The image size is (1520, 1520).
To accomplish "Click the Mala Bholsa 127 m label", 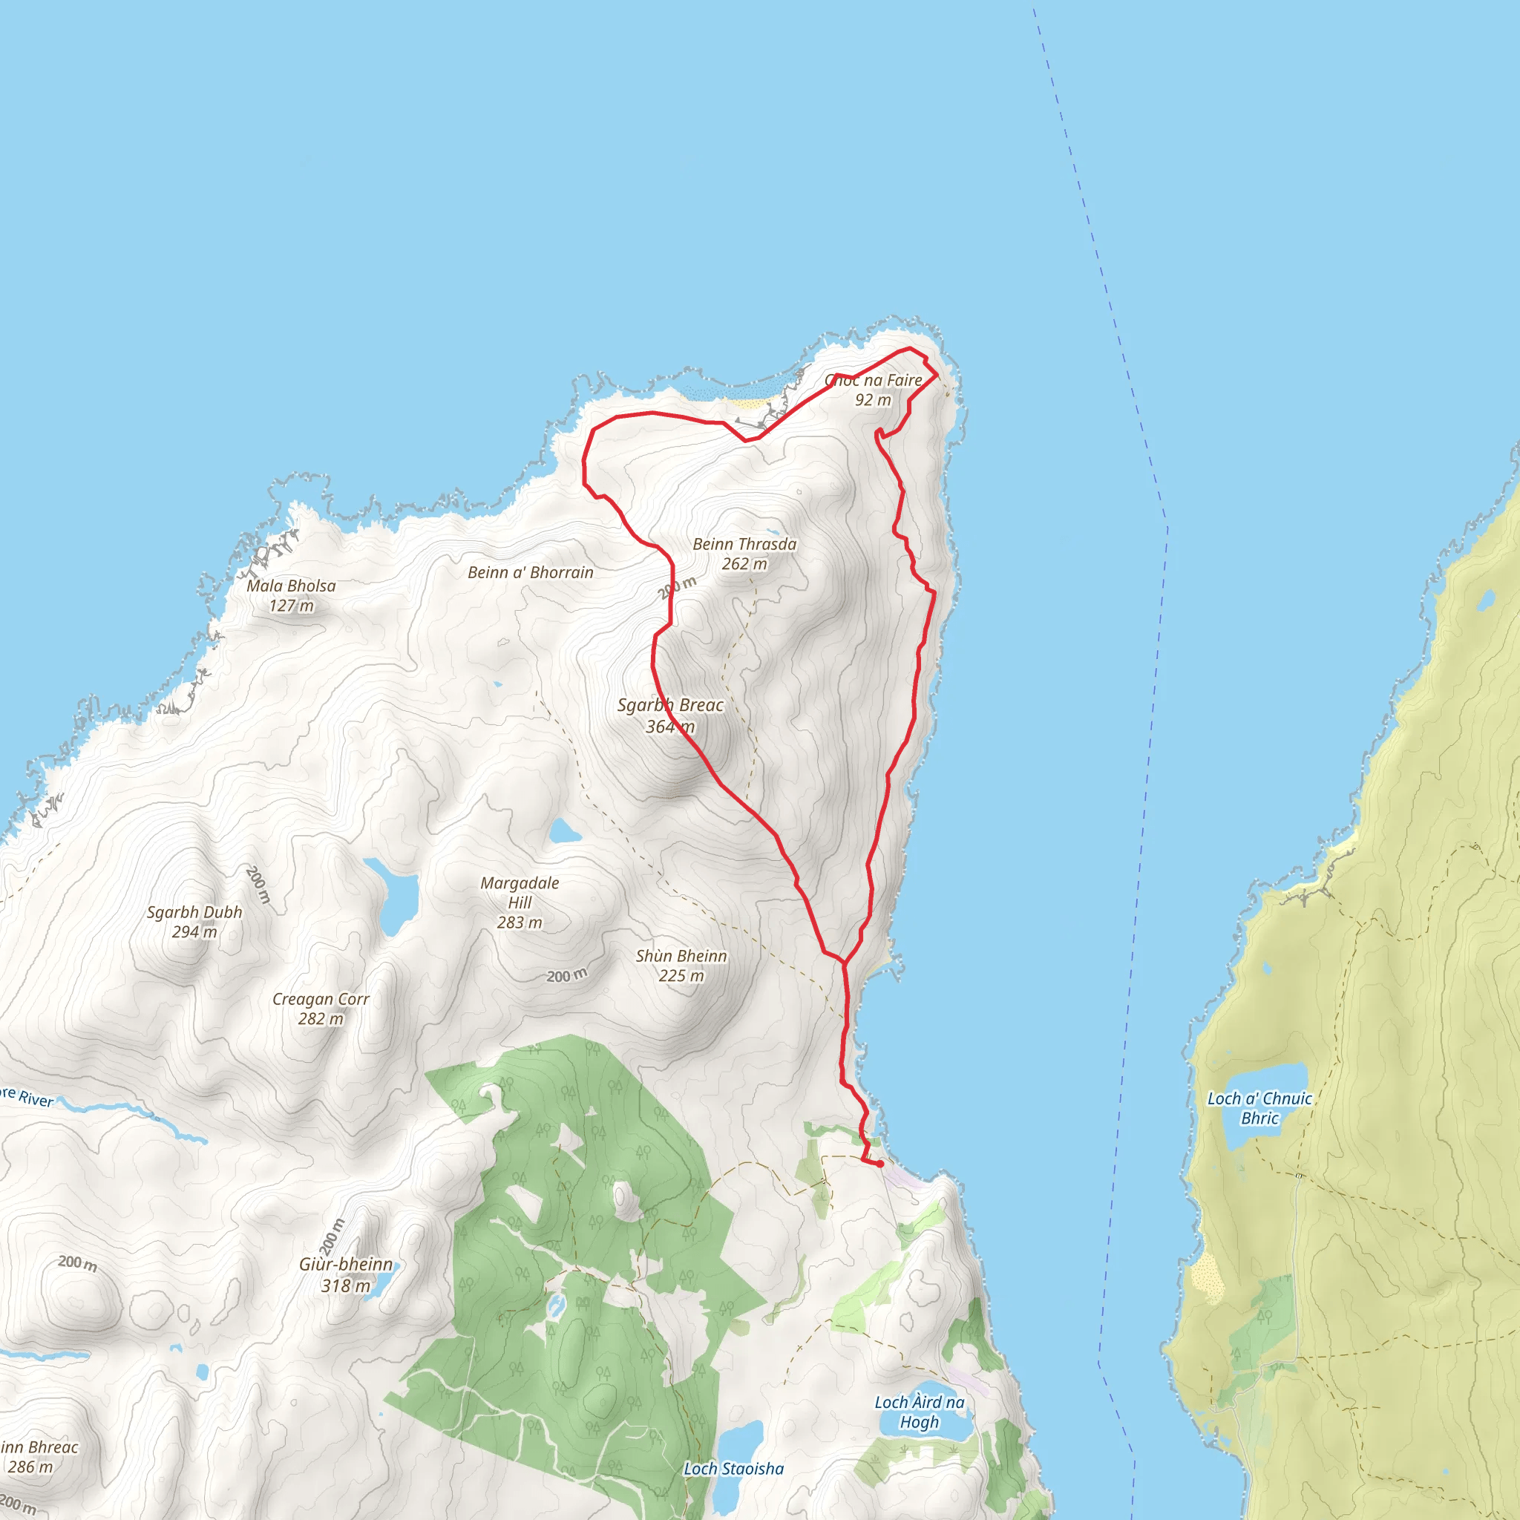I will click(x=291, y=595).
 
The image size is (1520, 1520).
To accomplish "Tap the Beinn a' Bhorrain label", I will click(x=530, y=573).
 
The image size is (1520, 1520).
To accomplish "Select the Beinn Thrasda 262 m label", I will click(x=744, y=554).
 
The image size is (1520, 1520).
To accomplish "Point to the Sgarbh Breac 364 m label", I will click(x=670, y=716).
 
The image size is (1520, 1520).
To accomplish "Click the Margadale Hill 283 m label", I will click(x=520, y=902).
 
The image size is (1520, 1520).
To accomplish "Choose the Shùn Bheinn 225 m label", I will click(x=681, y=966).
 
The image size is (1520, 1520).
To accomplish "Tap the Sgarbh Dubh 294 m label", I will click(x=194, y=921).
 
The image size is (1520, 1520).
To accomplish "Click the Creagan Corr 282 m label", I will click(x=320, y=1009).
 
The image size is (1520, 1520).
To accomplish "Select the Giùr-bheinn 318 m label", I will click(x=345, y=1274).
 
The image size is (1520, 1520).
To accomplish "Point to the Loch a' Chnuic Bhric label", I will click(x=1259, y=1108).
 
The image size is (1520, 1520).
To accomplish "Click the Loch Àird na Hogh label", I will click(x=919, y=1412).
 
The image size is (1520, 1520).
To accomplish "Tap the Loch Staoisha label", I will click(x=733, y=1469).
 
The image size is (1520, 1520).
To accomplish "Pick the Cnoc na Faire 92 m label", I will click(x=874, y=390).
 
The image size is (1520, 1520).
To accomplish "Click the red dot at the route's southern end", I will click(x=880, y=1164).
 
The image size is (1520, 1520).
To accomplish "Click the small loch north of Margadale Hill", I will click(x=565, y=831).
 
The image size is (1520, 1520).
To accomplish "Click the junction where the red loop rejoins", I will click(x=844, y=962).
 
